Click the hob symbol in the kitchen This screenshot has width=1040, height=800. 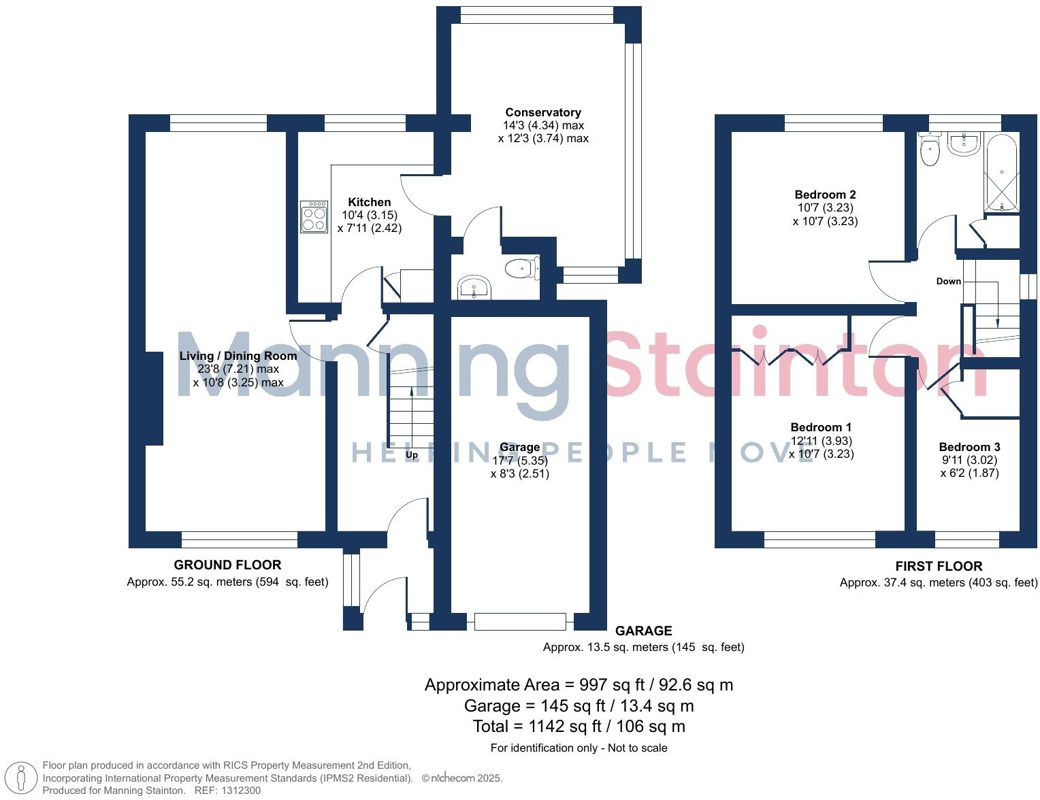(314, 216)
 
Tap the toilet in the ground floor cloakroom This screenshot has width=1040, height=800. (522, 269)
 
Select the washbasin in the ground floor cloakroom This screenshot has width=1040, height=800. (474, 288)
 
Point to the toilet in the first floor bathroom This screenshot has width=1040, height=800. (929, 150)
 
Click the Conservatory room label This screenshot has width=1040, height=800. (542, 112)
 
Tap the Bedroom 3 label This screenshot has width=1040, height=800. (969, 447)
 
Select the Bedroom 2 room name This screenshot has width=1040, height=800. (825, 195)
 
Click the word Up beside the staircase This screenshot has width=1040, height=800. (412, 454)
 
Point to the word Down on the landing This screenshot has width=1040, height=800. (948, 281)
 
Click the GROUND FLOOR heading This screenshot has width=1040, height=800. (227, 565)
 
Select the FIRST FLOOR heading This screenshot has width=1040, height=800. (938, 566)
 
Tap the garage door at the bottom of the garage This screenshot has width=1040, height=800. (520, 621)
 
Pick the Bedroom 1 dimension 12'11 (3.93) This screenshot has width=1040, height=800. (820, 441)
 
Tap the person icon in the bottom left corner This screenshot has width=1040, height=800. (22, 778)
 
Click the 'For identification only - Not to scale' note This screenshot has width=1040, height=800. (579, 748)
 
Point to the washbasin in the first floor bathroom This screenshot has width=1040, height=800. (963, 144)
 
